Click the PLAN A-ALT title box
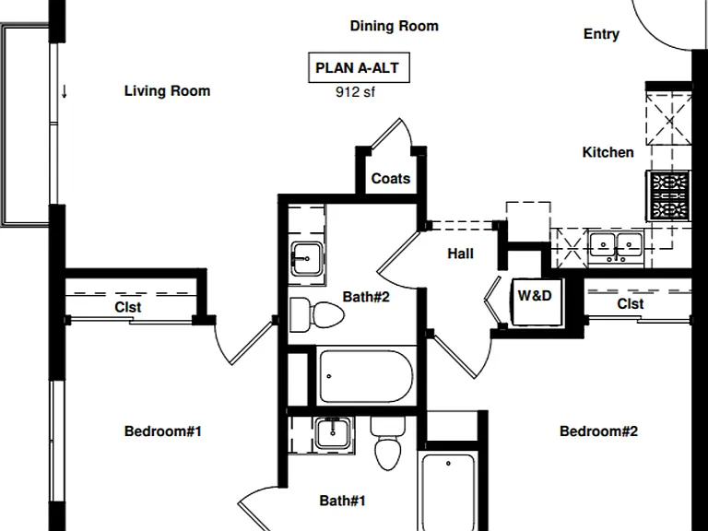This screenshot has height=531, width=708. click(x=359, y=67)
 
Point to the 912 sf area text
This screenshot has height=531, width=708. click(x=355, y=92)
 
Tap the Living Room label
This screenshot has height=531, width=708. click(x=167, y=90)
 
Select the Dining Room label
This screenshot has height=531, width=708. click(x=395, y=26)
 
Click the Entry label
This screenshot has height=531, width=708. click(x=601, y=34)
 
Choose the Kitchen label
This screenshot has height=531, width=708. click(x=608, y=152)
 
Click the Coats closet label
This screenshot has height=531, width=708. click(x=391, y=178)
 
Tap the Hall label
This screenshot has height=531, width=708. click(x=461, y=254)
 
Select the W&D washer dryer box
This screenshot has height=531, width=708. click(x=537, y=301)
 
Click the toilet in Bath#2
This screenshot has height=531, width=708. click(x=316, y=314)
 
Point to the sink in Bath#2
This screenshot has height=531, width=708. click(x=307, y=259)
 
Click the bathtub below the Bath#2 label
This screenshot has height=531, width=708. click(x=366, y=376)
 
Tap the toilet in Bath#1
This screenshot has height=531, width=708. click(x=388, y=443)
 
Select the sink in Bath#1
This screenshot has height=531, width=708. click(x=333, y=433)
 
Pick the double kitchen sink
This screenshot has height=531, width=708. click(x=616, y=246)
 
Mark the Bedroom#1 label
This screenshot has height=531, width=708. click(x=163, y=431)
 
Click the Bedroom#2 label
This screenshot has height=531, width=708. click(x=598, y=431)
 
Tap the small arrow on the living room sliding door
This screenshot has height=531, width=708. click(x=65, y=91)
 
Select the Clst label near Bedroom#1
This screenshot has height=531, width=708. click(x=128, y=307)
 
